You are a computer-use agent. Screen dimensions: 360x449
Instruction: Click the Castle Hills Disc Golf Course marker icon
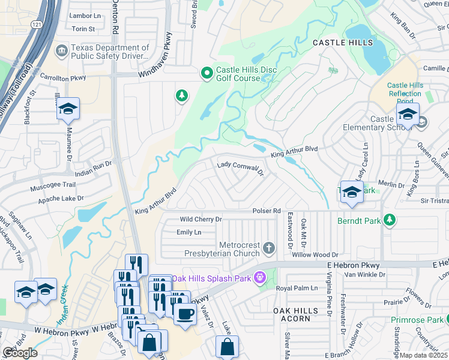[x=207, y=74]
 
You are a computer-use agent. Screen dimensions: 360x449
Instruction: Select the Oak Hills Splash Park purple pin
[x=259, y=277]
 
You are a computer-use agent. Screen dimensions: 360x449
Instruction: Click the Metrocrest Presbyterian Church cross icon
[x=270, y=248]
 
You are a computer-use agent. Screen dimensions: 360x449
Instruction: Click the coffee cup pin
[x=185, y=313]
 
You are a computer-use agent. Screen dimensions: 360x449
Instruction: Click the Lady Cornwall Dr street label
[x=240, y=167]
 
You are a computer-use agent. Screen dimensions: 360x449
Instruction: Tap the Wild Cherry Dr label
[x=201, y=220]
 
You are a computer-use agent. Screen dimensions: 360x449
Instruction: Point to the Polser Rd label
[x=267, y=211]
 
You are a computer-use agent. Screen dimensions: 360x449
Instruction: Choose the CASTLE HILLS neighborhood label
[x=343, y=43]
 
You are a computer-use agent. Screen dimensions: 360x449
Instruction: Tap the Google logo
[x=19, y=353]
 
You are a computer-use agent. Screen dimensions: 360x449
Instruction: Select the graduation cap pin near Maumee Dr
[x=68, y=109]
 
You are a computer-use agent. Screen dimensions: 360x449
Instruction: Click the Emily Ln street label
[x=188, y=232]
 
